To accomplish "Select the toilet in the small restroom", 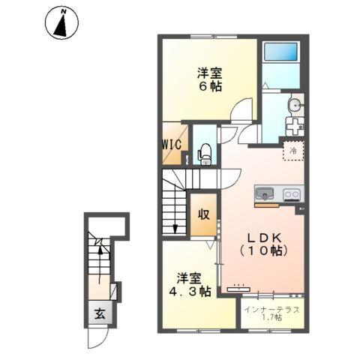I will (x=202, y=154).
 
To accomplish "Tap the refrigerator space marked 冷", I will (x=293, y=151).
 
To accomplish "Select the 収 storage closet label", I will (x=203, y=213).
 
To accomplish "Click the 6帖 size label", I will (x=209, y=87).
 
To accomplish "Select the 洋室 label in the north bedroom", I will (x=209, y=72).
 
